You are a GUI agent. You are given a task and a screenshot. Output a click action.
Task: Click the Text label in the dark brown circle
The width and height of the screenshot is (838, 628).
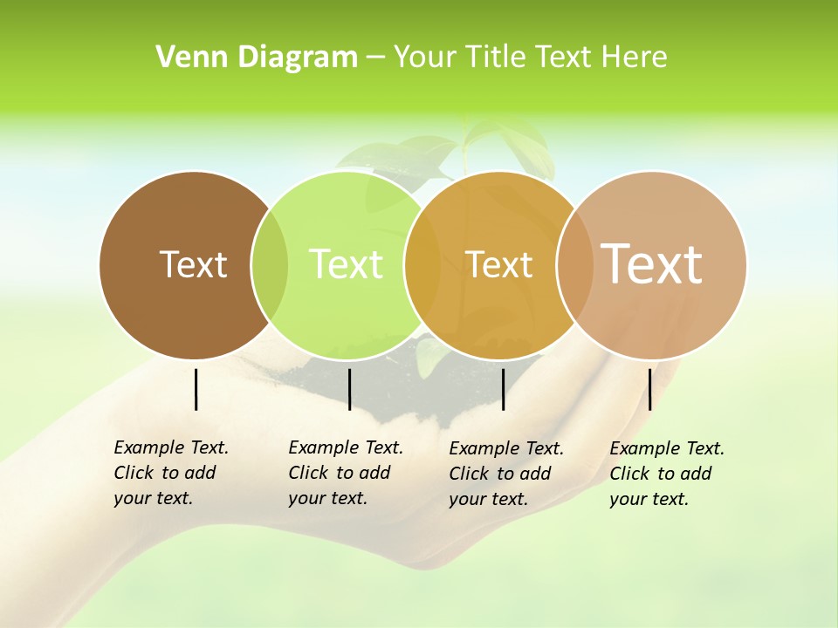(x=193, y=264)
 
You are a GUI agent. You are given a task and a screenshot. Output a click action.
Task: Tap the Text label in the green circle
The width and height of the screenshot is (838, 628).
(x=346, y=264)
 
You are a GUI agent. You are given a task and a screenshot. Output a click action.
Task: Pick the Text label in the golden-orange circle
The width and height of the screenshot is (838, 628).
(x=498, y=264)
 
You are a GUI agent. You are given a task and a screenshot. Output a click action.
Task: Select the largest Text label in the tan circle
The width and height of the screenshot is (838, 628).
(x=652, y=264)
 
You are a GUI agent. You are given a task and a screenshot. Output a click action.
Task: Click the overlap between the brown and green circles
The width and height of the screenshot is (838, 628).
(x=270, y=264)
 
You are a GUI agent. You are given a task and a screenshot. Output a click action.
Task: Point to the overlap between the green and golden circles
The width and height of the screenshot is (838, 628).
(x=422, y=264)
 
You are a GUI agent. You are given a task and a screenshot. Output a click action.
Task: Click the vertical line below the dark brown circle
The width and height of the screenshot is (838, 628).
(x=196, y=389)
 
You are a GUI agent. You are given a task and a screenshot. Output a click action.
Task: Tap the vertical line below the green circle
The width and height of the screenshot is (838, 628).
(x=349, y=389)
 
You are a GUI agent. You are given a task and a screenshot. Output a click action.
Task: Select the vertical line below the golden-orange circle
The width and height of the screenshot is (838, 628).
(x=503, y=389)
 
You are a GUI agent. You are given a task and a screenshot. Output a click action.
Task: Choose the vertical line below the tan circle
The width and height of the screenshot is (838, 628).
(x=649, y=389)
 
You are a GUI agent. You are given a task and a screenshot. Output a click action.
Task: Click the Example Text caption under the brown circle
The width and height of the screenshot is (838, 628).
(x=170, y=473)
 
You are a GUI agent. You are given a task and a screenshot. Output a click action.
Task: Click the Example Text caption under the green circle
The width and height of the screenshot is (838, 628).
(x=345, y=473)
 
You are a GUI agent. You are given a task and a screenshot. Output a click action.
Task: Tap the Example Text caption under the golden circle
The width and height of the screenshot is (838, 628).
(x=505, y=474)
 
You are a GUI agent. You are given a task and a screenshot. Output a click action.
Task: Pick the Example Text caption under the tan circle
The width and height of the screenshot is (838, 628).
(x=666, y=474)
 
